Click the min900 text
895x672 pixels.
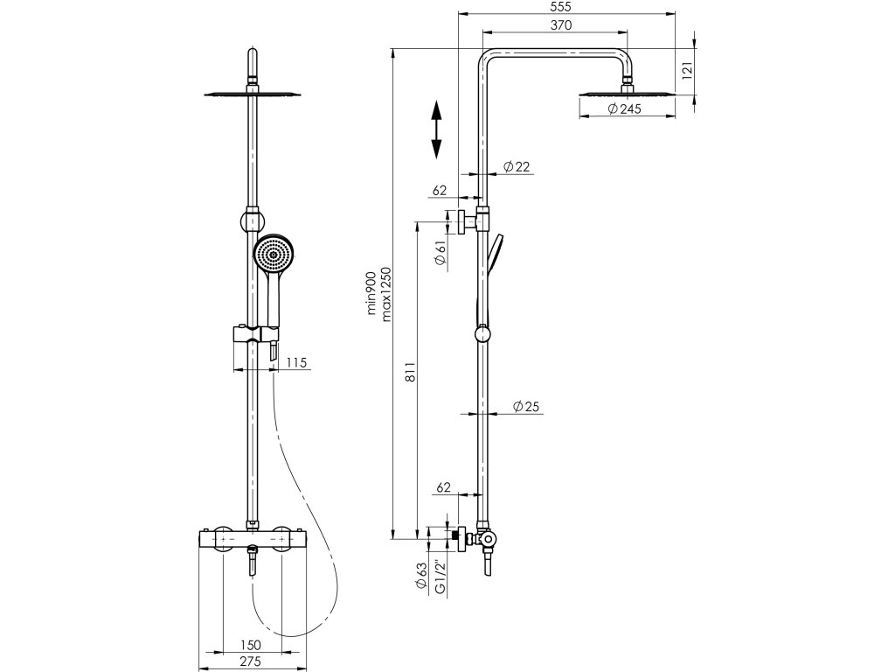(x=371, y=293)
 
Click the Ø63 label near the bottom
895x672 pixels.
(x=423, y=575)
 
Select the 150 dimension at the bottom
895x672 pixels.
(x=252, y=645)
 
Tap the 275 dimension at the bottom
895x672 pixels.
(x=252, y=663)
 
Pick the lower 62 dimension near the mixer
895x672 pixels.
(x=443, y=487)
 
